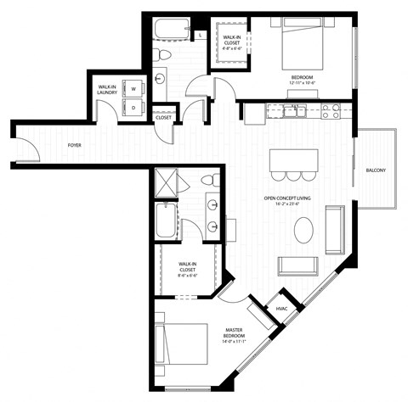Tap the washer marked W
pyautogui.click(x=133, y=87)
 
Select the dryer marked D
pyautogui.click(x=133, y=107)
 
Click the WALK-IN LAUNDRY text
pyautogui.click(x=106, y=90)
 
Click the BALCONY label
pyautogui.click(x=376, y=171)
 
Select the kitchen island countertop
pyautogui.click(x=294, y=159)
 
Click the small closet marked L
pyautogui.click(x=198, y=36)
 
